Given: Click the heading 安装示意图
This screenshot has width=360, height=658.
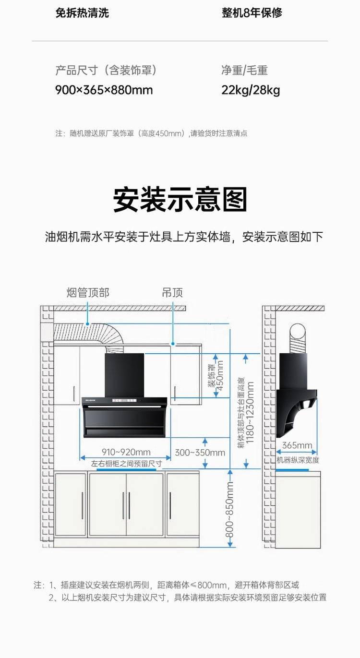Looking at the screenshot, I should tap(180, 200).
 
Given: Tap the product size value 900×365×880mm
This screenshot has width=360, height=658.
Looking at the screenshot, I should tap(104, 90).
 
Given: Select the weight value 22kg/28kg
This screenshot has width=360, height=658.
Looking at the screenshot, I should tap(251, 90).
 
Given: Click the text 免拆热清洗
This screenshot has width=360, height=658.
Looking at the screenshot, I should tap(82, 13).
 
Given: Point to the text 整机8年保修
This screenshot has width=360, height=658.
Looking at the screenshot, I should tap(252, 13).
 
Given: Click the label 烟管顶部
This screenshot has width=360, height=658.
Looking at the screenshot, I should tap(88, 292).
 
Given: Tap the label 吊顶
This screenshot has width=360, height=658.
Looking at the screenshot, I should tap(172, 292).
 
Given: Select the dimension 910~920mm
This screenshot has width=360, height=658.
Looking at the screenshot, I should tap(126, 452).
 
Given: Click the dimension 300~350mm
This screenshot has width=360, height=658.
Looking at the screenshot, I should tap(200, 453).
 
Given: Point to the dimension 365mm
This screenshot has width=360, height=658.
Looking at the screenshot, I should tap(297, 445).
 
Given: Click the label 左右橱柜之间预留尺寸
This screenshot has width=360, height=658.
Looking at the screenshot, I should tap(126, 464).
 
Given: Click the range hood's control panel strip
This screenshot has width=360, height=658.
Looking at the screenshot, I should tap(124, 401).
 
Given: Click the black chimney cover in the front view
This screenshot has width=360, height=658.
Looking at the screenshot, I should tap(124, 375).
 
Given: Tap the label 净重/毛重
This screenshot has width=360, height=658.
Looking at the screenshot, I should tap(244, 71).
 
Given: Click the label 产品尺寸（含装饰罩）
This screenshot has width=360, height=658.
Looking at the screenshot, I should tap(106, 71).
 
